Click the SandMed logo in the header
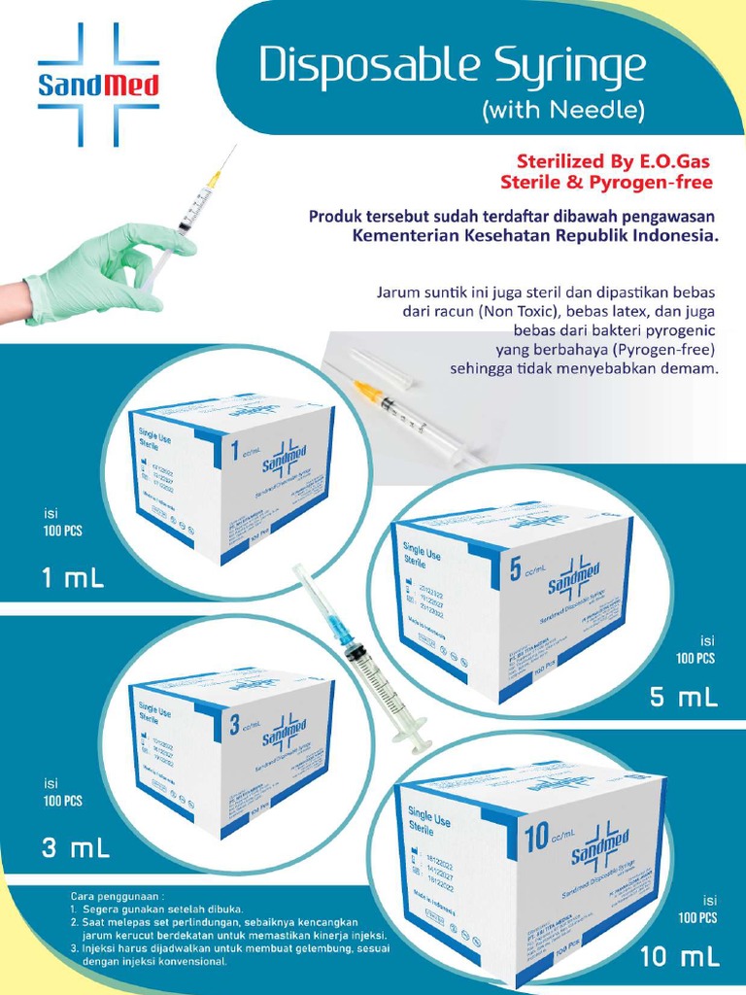97,86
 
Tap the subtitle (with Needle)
562,112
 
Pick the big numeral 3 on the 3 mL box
234,723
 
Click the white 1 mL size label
72,579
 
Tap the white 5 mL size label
684,697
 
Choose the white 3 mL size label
75,848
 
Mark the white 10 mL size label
680,957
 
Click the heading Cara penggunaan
109,893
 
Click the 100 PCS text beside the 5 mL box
695,658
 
